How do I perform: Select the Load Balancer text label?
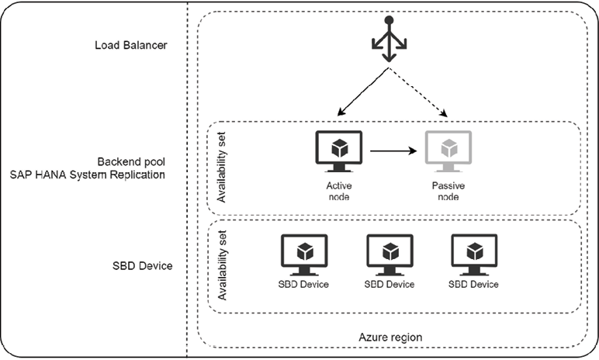point(131,44)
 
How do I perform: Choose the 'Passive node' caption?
point(448,192)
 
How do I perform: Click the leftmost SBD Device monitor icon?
point(304,254)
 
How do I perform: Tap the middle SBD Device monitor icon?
point(390,254)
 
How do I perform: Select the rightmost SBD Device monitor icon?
point(474,254)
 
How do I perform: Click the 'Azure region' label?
point(391,337)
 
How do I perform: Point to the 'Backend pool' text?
point(131,161)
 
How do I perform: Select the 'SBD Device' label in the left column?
point(142,266)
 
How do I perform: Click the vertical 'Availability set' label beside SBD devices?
point(221,268)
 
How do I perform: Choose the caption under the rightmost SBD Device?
point(474,284)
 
